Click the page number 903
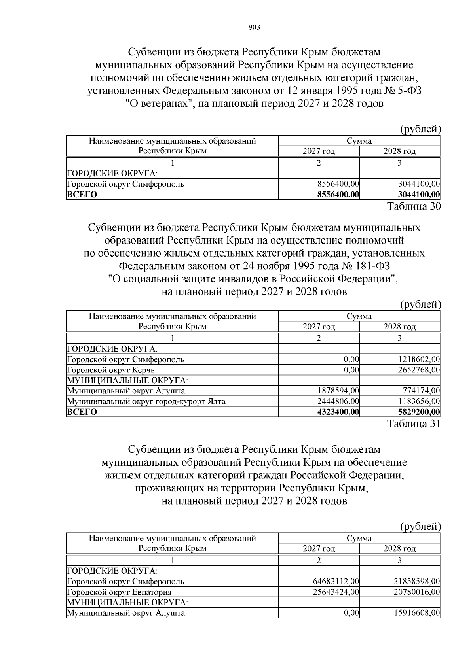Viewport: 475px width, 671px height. point(254,27)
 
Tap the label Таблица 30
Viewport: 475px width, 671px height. point(413,206)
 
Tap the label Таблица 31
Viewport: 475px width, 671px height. point(413,424)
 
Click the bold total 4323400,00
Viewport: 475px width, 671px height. point(338,412)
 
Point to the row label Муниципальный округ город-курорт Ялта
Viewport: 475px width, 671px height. point(146,401)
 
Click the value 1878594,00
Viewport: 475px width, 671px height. point(338,391)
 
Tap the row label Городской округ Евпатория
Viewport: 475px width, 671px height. point(119,592)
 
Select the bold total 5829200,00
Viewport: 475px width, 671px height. point(418,412)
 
